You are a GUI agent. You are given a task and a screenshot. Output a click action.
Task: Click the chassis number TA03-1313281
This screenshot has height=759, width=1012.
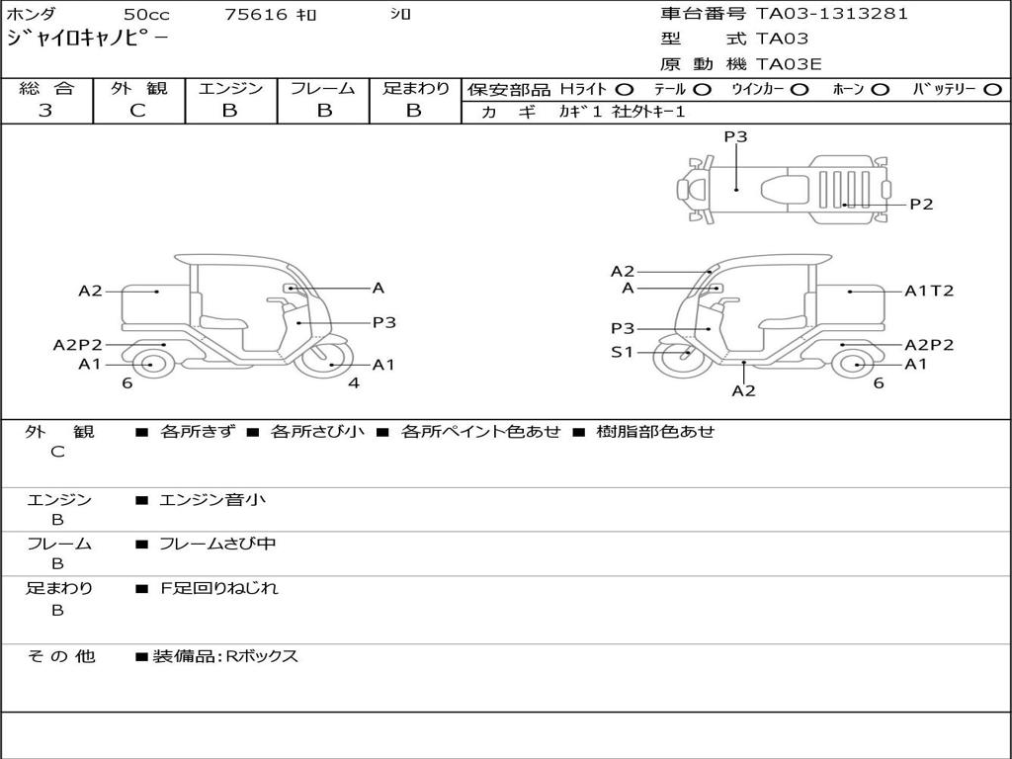pos(831,14)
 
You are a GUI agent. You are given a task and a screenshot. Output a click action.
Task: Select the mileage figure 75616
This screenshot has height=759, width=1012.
pos(256,15)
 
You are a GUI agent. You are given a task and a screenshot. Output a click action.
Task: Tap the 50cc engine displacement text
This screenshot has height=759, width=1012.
pos(146,15)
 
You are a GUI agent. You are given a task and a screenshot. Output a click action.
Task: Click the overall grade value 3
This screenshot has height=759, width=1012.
pos(45,111)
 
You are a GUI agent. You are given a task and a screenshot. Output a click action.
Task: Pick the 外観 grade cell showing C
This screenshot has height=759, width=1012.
pos(137,111)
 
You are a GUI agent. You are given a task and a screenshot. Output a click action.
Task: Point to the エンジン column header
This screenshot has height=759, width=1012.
pos(230,89)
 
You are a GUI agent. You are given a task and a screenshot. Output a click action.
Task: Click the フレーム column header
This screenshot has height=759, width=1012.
pos(322,89)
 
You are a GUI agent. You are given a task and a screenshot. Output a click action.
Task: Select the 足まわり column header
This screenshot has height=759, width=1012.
pos(415,89)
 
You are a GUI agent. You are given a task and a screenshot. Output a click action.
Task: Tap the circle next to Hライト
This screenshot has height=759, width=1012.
pos(624,90)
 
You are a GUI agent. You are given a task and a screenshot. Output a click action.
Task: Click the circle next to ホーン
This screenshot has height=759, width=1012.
pos(880,90)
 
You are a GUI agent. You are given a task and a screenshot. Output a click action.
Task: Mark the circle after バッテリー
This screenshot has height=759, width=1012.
pos(993,90)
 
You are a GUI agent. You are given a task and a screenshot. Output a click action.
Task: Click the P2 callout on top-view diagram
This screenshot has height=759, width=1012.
pos(921,205)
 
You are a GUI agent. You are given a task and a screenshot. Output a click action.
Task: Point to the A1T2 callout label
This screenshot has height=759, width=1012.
pos(929,292)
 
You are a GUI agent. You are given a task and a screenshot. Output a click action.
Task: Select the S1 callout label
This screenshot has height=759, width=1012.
pos(622,352)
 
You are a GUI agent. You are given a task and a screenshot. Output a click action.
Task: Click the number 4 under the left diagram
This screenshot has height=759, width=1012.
pos(353,382)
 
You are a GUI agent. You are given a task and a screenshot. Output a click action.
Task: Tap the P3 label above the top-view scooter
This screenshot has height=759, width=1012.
pos(735,137)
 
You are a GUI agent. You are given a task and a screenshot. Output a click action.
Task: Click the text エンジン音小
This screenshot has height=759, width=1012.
pos(212,500)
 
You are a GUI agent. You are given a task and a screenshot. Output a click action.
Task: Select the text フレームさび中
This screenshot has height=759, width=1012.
pos(217,544)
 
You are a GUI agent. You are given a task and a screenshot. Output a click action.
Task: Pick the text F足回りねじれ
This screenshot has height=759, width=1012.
pos(219,588)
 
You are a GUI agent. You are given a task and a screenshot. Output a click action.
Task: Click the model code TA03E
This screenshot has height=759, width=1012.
pos(789,65)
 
